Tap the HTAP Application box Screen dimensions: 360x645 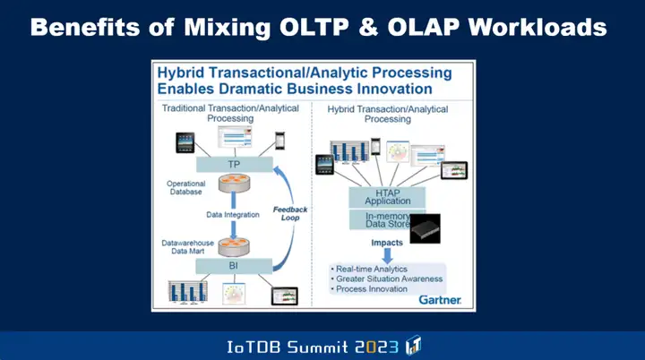(387, 197)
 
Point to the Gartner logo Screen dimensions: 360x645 (440, 300)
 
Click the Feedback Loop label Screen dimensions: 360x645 (290, 214)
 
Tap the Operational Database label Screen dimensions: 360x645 (185, 187)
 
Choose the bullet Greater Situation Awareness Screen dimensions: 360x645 (388, 279)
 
